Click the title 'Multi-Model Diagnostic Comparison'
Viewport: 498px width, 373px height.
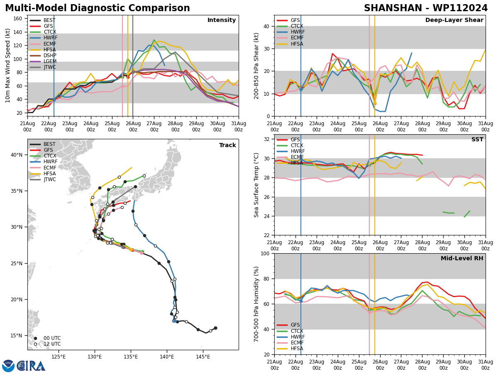[x=98, y=8]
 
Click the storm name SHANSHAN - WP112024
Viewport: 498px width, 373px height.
[x=426, y=8]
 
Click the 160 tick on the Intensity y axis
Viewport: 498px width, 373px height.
[x=18, y=19]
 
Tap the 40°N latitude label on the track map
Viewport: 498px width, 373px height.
[x=17, y=155]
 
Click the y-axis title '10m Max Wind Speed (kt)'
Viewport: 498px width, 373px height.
[x=8, y=65]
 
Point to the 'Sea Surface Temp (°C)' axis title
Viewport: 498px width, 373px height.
[x=257, y=185]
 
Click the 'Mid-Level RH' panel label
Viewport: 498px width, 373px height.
[x=462, y=259]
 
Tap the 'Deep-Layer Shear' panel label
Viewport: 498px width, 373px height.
[x=454, y=20]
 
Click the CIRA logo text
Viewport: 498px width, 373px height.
[x=31, y=366]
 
